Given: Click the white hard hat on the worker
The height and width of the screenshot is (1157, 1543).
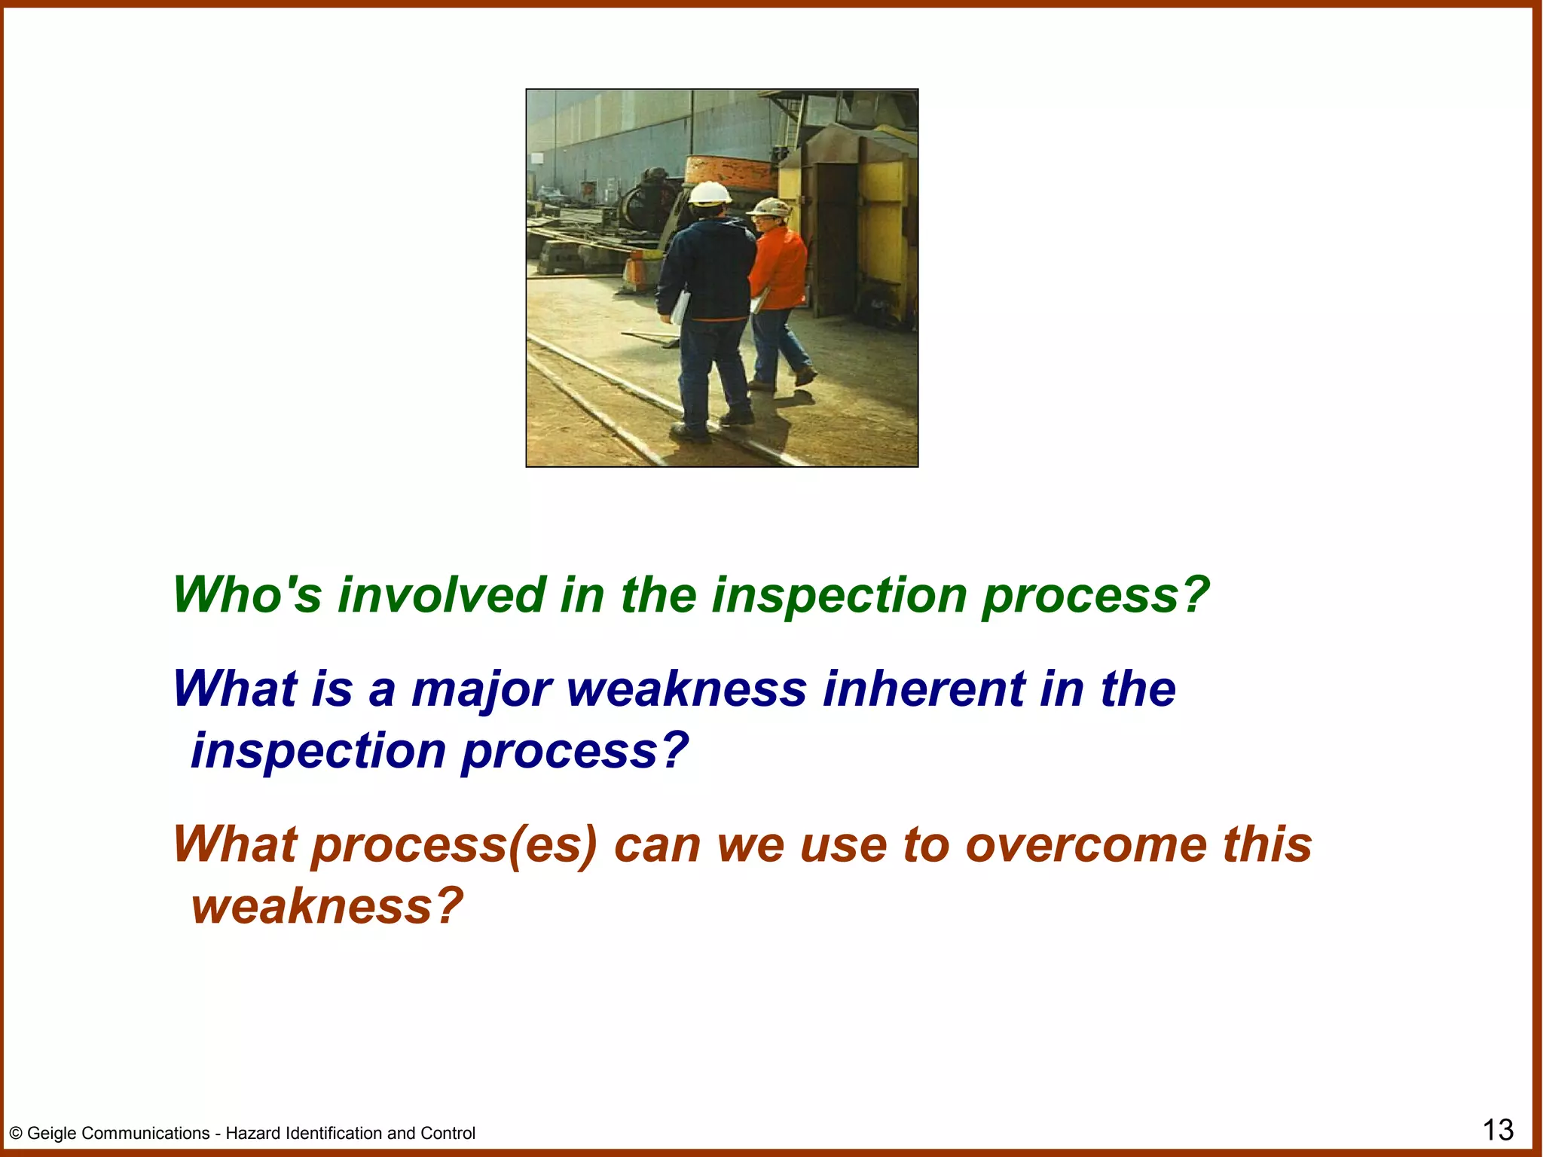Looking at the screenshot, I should (x=709, y=193).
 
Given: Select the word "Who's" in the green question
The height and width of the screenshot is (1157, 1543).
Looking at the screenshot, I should (x=247, y=595).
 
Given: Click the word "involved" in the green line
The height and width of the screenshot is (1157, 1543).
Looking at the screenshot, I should (x=442, y=595).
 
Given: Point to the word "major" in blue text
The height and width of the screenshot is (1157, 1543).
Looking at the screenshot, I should (x=481, y=690).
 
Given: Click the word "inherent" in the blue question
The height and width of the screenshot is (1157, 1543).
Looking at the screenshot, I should (x=924, y=688).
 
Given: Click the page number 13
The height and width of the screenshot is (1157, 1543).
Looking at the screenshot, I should (x=1498, y=1131).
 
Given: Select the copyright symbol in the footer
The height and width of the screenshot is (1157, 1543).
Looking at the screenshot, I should (x=16, y=1134).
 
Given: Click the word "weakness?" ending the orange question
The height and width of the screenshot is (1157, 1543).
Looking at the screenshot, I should (x=326, y=905).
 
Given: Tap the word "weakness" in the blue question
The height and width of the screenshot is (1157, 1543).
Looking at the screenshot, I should (x=686, y=688).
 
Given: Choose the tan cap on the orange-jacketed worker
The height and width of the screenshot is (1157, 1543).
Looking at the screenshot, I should (x=771, y=207).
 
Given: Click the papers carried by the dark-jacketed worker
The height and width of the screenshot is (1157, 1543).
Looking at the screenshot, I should (x=681, y=307).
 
